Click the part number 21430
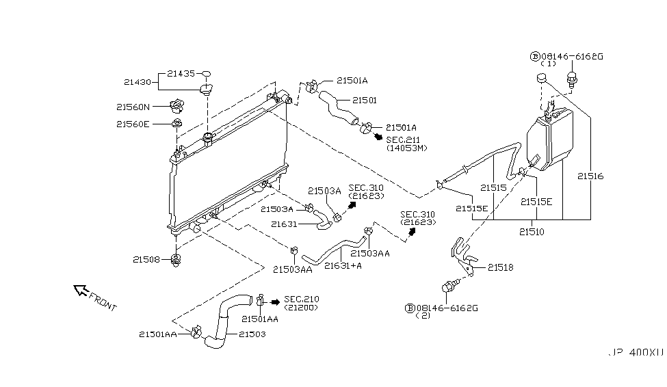click(x=138, y=82)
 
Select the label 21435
click(x=183, y=73)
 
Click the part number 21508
click(x=146, y=259)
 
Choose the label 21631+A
click(x=343, y=267)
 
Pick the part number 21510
click(x=532, y=232)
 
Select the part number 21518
click(x=501, y=267)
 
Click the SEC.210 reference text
click(x=301, y=299)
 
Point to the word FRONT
click(x=103, y=302)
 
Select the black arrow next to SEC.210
click(x=275, y=301)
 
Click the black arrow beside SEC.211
click(x=378, y=136)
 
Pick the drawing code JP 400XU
click(x=636, y=353)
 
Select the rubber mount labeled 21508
click(x=176, y=259)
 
